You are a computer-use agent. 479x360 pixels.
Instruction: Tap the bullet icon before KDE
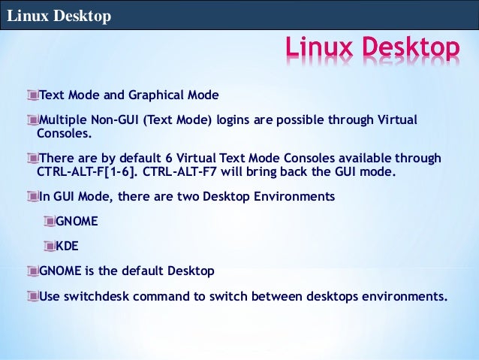(50, 246)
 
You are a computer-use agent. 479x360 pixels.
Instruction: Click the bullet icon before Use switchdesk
(31, 295)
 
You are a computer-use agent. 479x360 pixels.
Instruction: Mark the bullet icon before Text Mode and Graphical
(31, 95)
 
